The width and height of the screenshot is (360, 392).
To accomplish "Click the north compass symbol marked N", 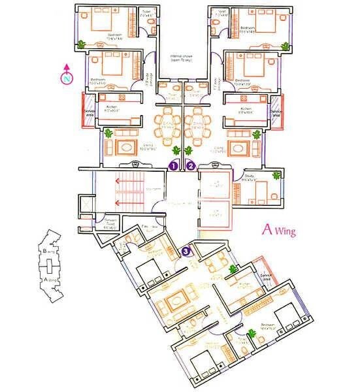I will (67, 78).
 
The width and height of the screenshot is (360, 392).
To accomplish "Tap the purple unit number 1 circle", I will (174, 166).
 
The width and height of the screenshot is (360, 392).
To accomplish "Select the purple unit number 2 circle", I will (190, 166).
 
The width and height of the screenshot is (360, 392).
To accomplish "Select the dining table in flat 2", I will (197, 123).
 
